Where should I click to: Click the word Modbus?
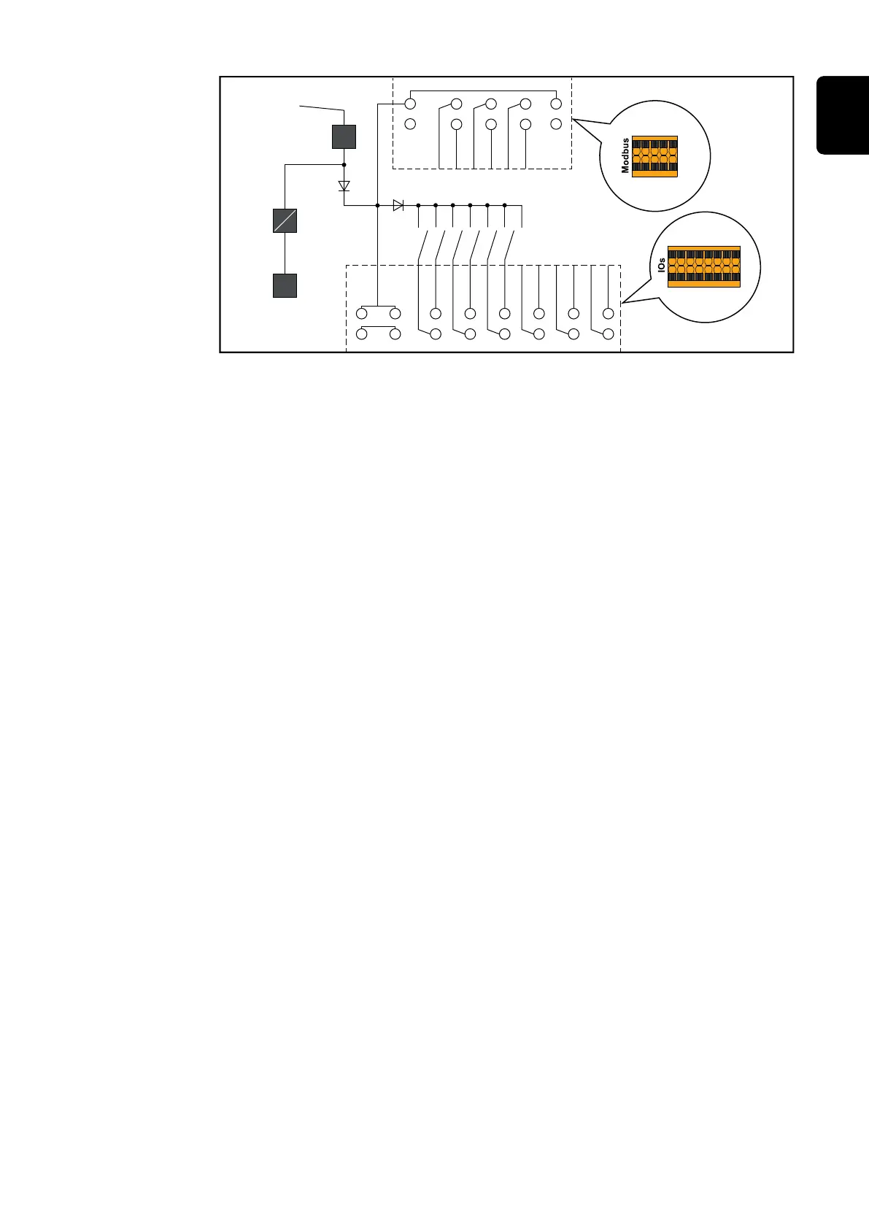click(625, 155)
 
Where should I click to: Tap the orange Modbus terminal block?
click(654, 156)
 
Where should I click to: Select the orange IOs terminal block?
click(703, 266)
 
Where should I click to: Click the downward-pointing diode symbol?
click(344, 185)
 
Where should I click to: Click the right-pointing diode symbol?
click(398, 206)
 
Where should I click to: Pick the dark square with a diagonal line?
click(285, 220)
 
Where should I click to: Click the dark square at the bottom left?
click(285, 285)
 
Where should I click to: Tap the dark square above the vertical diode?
click(344, 136)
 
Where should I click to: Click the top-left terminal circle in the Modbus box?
click(410, 104)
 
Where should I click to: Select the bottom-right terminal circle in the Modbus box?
click(556, 123)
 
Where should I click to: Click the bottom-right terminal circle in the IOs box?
click(608, 334)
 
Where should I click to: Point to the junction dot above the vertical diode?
click(344, 165)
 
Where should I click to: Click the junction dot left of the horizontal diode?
click(377, 206)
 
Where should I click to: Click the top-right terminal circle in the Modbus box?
click(556, 104)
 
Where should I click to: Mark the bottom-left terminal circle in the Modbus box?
click(410, 123)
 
